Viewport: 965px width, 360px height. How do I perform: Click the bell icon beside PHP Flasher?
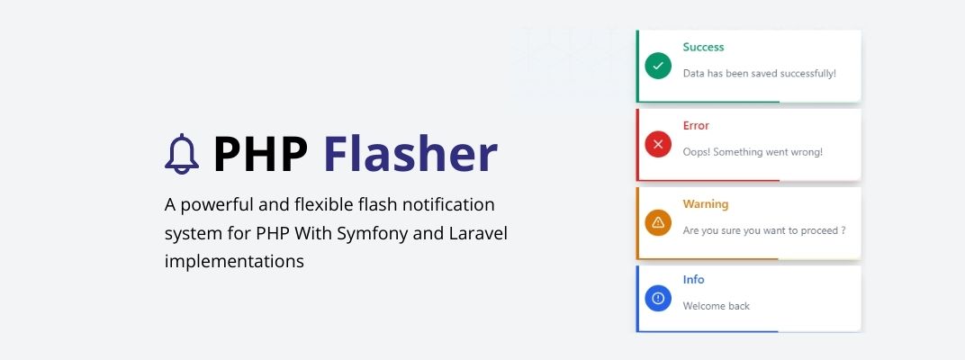pos(182,154)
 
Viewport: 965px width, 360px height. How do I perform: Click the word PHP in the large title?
pos(260,154)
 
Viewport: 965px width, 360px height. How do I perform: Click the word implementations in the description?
pos(234,262)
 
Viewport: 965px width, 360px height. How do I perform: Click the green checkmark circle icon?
pos(658,66)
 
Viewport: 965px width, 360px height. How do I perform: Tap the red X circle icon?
pos(658,145)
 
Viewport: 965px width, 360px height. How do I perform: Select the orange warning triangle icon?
pos(658,222)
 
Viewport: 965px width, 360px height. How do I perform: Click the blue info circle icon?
pos(658,299)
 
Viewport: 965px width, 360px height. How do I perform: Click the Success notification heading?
pos(703,47)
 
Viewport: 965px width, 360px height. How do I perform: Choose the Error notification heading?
pos(696,125)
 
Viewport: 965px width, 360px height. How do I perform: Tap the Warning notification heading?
pos(705,203)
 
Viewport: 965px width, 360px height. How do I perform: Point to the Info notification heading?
pos(693,279)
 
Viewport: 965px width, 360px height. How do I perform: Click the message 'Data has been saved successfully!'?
pos(760,73)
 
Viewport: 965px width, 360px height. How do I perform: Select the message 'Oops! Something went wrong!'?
pos(753,152)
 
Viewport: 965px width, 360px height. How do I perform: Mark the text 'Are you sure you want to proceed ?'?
pos(763,230)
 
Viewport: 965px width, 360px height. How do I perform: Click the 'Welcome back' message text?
pos(717,306)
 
